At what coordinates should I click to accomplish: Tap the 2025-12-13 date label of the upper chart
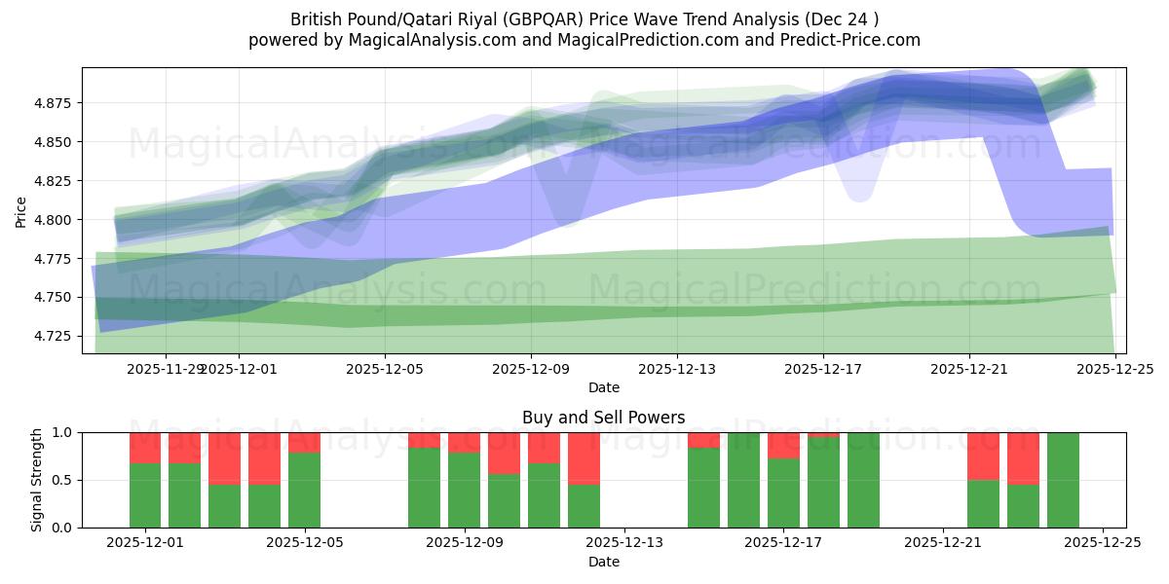point(677,369)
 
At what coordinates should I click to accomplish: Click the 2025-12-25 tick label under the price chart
point(1115,369)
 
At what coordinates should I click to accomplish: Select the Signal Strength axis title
point(36,480)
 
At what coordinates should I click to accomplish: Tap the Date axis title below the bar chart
point(603,562)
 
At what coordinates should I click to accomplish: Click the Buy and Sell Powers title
point(603,418)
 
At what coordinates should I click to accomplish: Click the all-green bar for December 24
point(1063,480)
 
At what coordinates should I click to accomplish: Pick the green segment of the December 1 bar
point(145,495)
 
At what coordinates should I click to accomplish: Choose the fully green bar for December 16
point(743,480)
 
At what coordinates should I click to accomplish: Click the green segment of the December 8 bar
point(424,488)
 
